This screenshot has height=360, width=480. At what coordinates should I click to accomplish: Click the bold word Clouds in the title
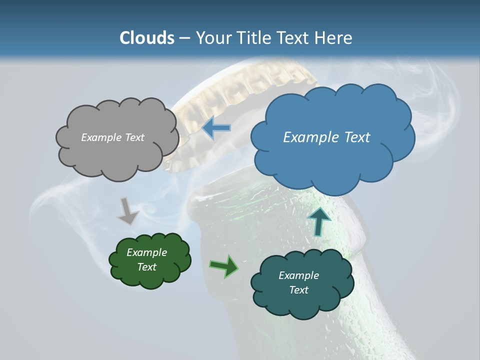pyautogui.click(x=146, y=38)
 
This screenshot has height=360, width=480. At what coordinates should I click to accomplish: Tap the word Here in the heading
pyautogui.click(x=334, y=38)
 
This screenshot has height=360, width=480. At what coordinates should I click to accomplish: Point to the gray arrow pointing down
pyautogui.click(x=127, y=210)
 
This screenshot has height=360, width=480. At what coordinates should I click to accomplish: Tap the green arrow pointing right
pyautogui.click(x=224, y=266)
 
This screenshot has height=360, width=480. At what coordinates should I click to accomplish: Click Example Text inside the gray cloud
pyautogui.click(x=112, y=137)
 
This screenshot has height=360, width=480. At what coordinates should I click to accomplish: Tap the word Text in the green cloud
pyautogui.click(x=147, y=267)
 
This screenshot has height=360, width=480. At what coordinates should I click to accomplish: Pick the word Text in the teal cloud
pyautogui.click(x=298, y=290)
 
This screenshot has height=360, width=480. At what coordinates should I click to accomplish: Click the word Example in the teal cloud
pyautogui.click(x=298, y=275)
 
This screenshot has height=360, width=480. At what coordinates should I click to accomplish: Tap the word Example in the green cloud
pyautogui.click(x=146, y=252)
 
